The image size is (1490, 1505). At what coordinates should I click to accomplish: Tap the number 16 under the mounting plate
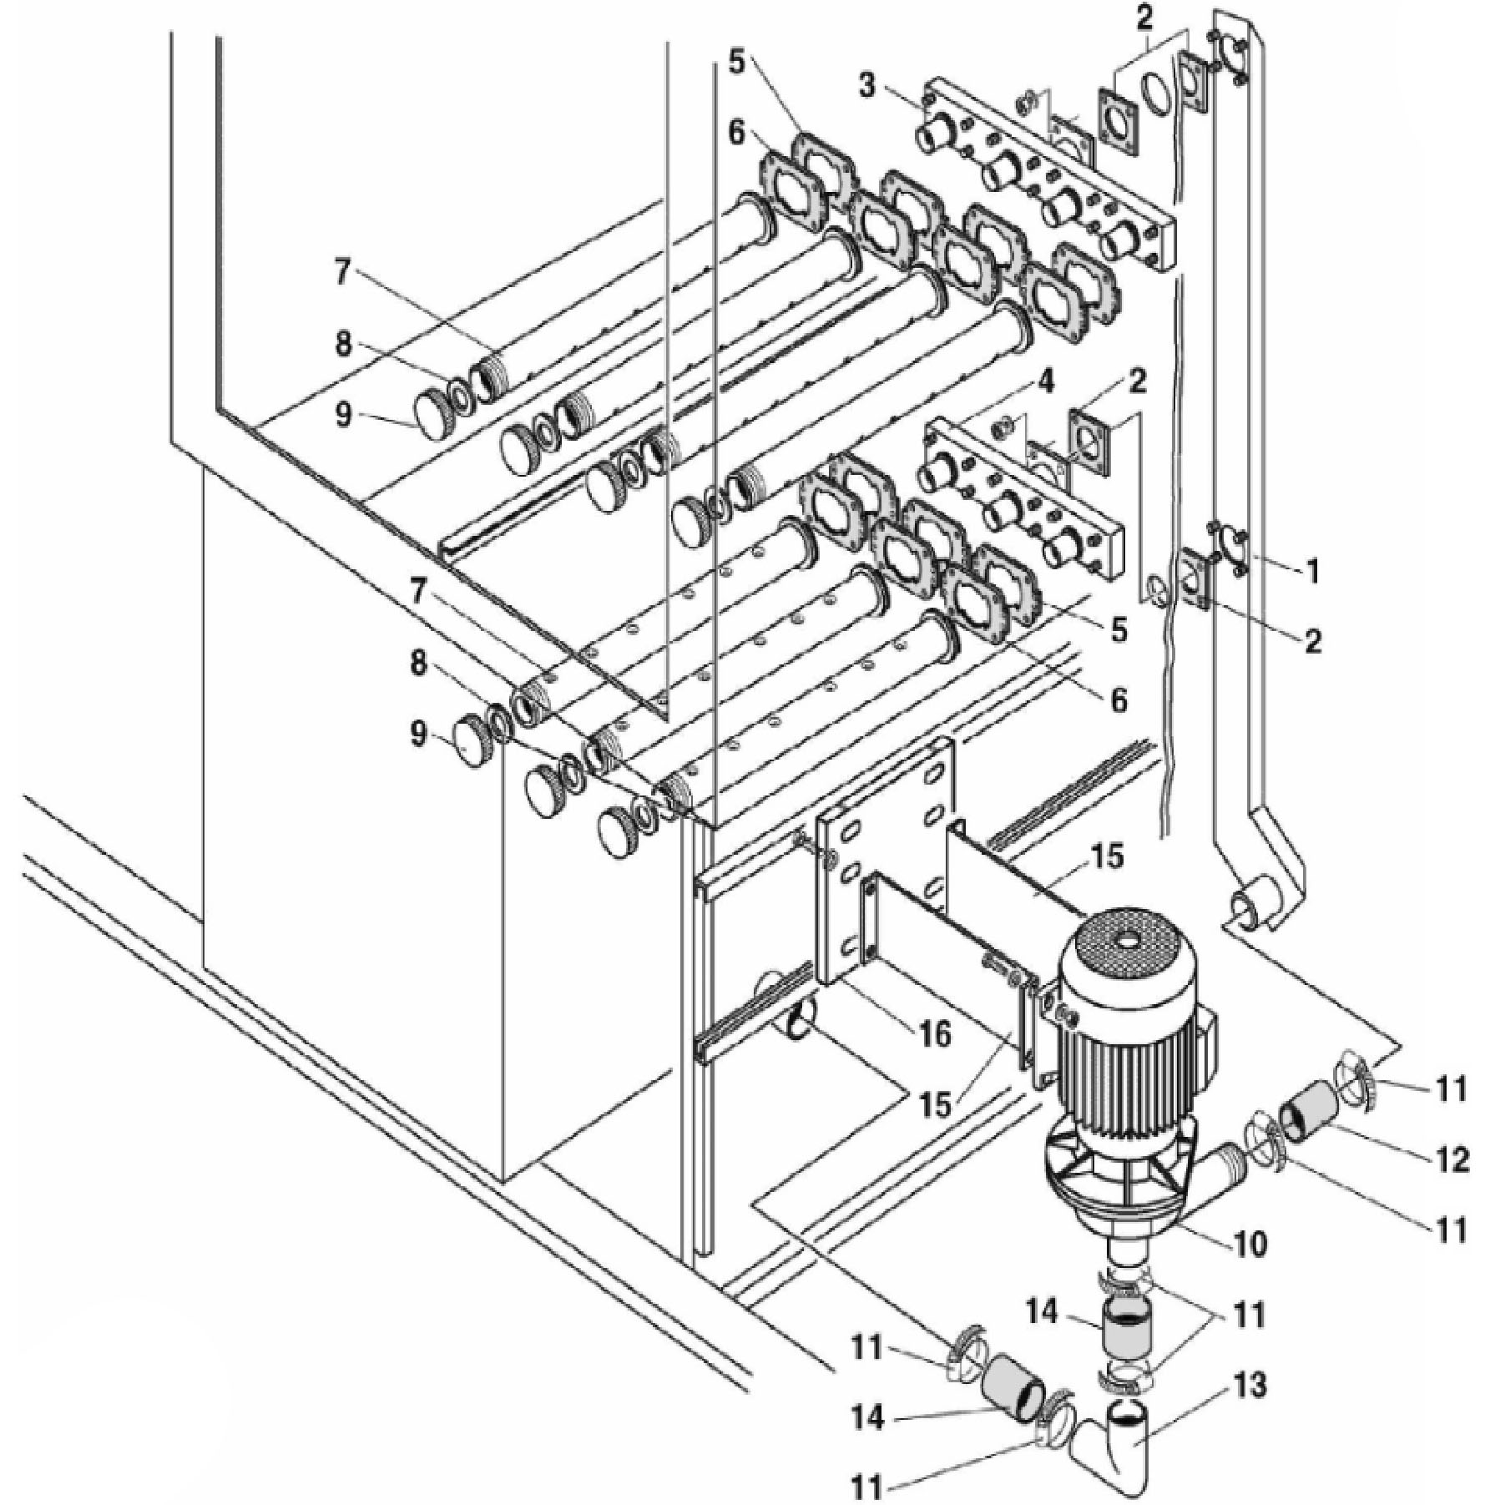932,1034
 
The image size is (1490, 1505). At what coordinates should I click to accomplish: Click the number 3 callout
868,86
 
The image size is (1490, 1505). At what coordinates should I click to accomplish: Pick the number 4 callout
1046,385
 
